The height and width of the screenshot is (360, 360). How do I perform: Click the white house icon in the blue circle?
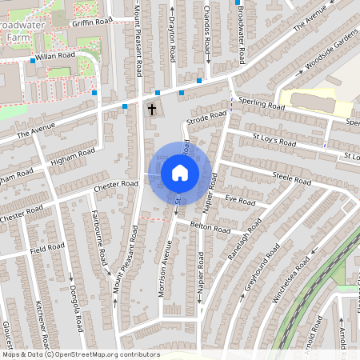click(180, 173)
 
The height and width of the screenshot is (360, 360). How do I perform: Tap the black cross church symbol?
click(152, 108)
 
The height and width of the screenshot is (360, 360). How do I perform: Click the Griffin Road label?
click(92, 22)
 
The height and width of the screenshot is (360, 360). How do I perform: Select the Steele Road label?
click(291, 178)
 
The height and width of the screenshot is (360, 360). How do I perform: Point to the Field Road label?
click(47, 248)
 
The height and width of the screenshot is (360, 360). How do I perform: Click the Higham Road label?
click(72, 154)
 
